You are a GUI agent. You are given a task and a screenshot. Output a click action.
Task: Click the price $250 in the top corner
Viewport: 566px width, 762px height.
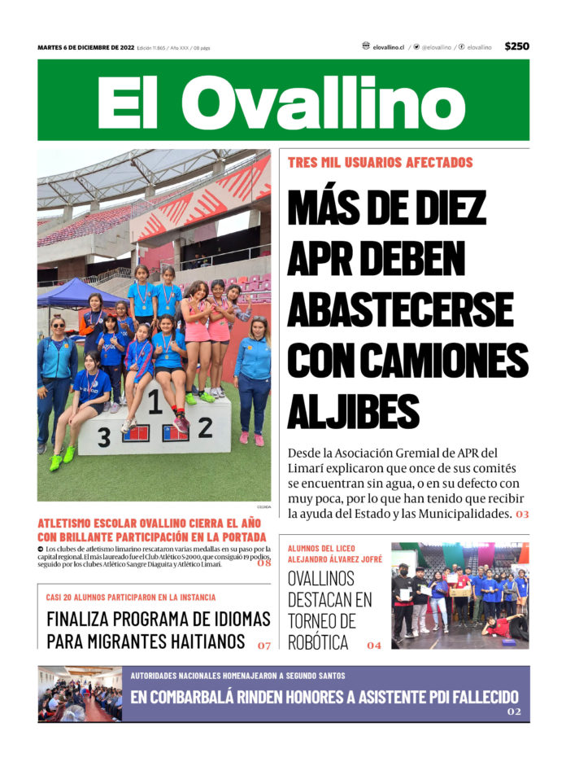coord(516,46)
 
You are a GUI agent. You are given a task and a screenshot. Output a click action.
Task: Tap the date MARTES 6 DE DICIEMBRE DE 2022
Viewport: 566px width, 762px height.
coord(85,47)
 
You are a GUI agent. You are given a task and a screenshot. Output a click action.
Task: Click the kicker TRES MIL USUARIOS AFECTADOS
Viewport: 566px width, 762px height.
coord(380,162)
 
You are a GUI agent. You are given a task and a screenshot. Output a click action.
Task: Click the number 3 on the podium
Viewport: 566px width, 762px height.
coord(103,438)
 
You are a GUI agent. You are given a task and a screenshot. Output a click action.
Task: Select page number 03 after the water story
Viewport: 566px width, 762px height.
coord(521,514)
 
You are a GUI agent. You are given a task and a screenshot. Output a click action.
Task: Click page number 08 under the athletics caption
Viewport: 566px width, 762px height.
coord(264,562)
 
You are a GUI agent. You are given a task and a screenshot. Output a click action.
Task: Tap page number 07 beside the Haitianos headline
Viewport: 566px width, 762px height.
coord(263,645)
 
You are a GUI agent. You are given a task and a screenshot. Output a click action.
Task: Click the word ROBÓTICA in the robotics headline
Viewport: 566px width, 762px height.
coord(319,642)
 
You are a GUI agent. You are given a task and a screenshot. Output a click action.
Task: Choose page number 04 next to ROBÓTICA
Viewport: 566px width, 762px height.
coord(373,645)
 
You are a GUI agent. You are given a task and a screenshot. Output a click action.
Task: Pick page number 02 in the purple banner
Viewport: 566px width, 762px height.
coord(514,712)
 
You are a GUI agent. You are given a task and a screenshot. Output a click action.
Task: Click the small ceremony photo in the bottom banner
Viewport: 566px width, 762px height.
coord(80,694)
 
